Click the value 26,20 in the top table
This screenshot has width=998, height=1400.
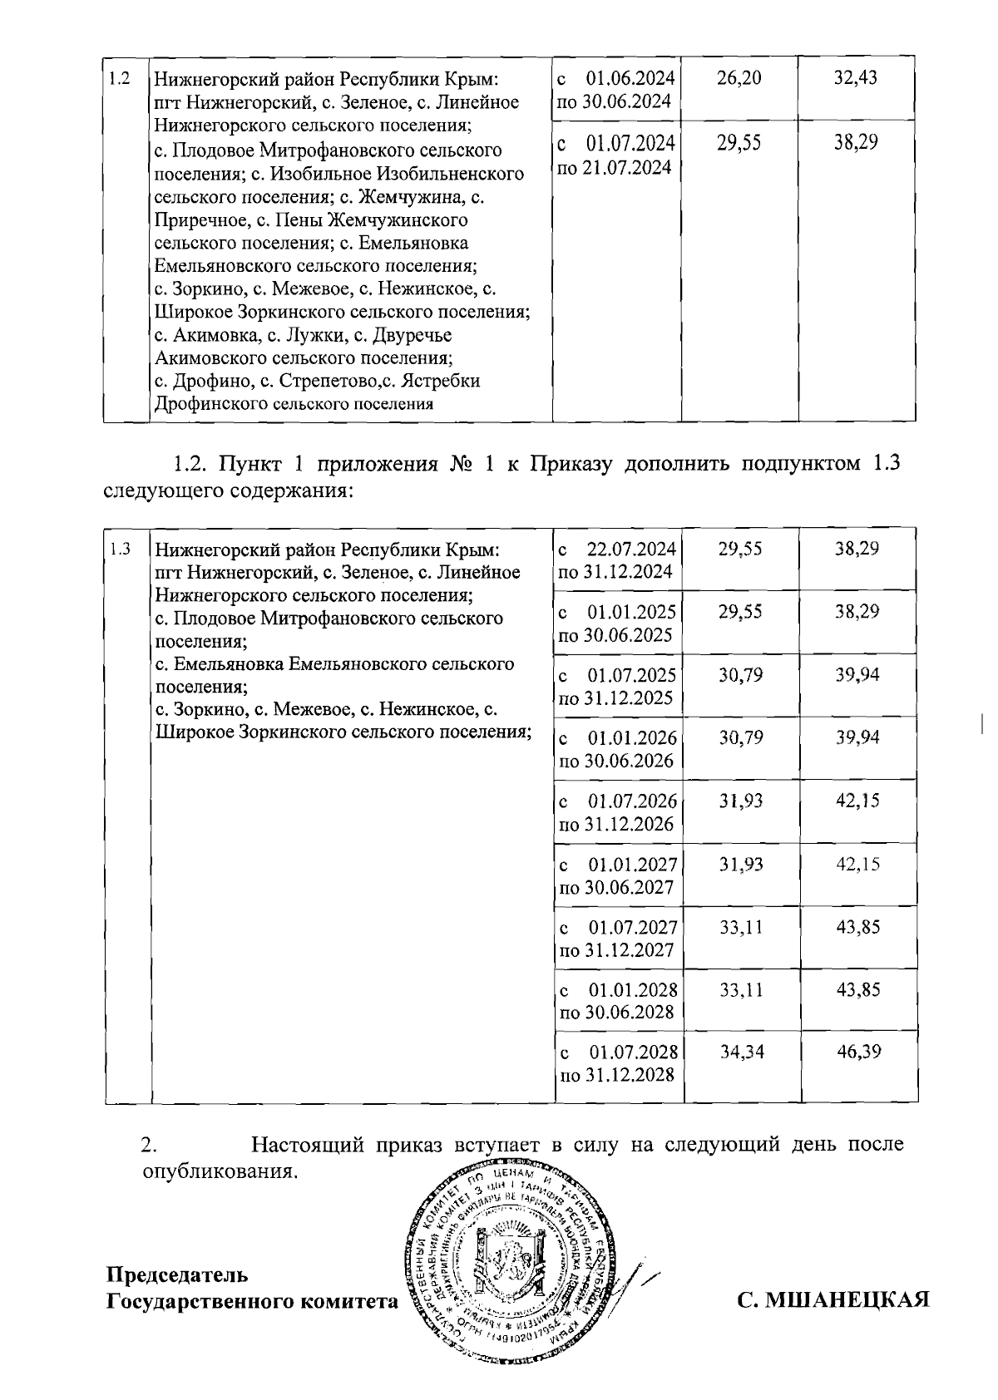[739, 79]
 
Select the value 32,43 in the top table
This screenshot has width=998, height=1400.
[856, 79]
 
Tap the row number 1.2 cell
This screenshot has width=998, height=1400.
[120, 79]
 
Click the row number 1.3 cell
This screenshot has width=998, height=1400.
[121, 550]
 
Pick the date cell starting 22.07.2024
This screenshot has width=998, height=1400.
[617, 560]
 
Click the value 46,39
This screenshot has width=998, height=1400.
[858, 1052]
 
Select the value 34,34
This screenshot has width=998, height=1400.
[742, 1052]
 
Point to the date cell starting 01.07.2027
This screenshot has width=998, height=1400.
[617, 939]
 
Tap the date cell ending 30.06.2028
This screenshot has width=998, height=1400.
[617, 1001]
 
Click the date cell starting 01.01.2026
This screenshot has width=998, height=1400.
[617, 749]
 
